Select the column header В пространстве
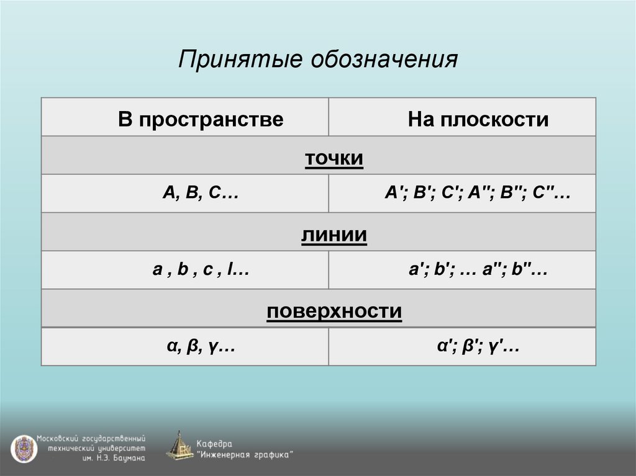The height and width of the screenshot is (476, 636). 201,119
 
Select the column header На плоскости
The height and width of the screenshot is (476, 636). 478,119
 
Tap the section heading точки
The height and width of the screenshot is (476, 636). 334,158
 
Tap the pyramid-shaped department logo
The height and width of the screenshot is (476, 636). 179,446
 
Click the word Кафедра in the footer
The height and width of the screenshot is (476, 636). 214,444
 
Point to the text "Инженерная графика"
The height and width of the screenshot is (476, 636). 245,454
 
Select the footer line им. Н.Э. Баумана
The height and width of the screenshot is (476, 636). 114,459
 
